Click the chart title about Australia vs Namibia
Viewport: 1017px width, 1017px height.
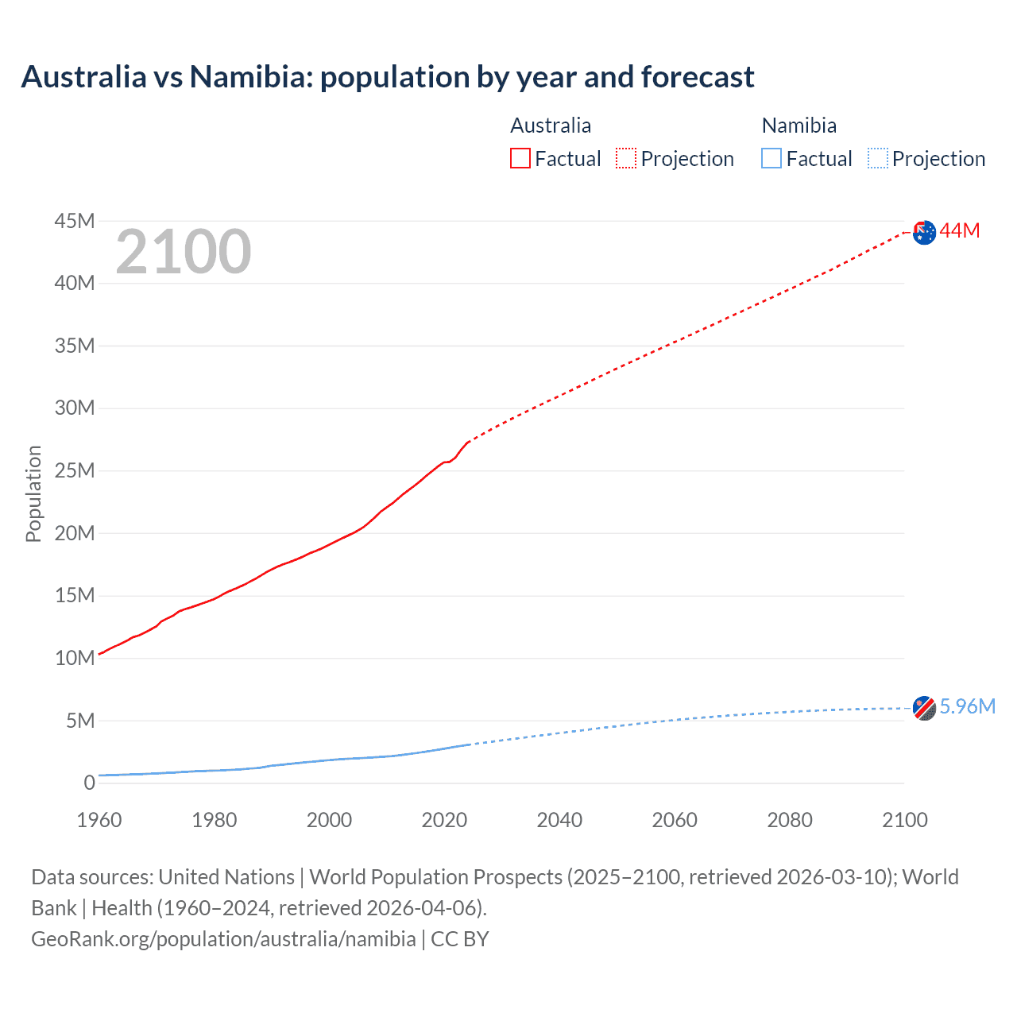388,77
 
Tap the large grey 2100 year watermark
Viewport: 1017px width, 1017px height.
184,252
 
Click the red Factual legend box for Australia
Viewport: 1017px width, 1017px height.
520,158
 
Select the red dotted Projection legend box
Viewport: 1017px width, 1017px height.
626,158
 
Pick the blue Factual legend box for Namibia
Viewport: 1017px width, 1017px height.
771,158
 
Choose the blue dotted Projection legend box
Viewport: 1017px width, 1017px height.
878,158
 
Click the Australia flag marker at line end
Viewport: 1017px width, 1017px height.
924,233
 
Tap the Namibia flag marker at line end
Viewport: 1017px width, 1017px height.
924,707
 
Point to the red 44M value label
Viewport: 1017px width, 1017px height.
960,231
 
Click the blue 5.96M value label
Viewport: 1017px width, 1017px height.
967,706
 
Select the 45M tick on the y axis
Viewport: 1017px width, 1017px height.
75,221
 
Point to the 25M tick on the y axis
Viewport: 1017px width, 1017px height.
75,470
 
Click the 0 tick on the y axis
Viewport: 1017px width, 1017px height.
89,783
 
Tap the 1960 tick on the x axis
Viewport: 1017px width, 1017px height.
99,820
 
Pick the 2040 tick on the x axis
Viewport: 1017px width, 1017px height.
559,820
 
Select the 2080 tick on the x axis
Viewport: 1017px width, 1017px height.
790,820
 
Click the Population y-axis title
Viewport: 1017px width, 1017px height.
33,493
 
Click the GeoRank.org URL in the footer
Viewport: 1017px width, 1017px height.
223,939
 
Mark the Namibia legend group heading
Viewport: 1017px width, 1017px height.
799,126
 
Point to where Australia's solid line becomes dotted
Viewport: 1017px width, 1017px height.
468,441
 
